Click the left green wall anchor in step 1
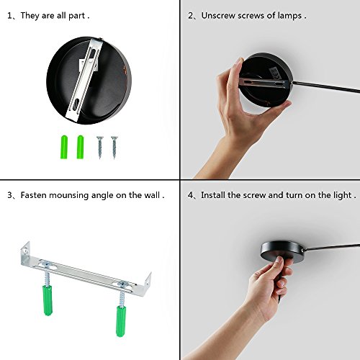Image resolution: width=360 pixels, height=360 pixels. point(64,147)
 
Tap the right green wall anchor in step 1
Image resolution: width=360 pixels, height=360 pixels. point(80,147)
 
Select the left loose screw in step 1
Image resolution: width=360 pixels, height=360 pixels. point(100,148)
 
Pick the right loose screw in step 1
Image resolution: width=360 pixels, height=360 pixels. point(114,148)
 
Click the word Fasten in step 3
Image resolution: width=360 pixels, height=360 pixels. point(33,195)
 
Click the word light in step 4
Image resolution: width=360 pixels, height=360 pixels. point(343,195)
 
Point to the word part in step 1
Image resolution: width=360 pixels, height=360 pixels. point(76,17)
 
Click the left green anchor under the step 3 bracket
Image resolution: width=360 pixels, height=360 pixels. point(48,300)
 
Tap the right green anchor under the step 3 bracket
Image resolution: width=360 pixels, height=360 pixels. point(122,321)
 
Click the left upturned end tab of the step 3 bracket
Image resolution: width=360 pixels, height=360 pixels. point(25,251)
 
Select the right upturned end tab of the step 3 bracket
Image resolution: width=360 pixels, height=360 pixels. point(148,283)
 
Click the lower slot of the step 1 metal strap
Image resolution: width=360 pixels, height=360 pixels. point(76,104)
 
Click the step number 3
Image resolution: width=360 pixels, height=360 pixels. point(9,195)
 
